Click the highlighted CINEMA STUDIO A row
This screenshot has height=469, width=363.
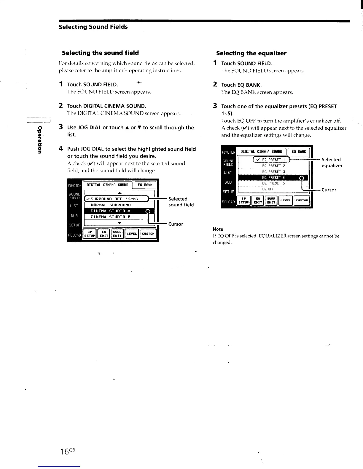(x=114, y=211)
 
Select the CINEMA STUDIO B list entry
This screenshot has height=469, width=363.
(x=111, y=217)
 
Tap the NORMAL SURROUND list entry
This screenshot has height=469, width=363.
(x=111, y=205)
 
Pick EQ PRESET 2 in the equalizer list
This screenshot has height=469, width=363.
(x=273, y=166)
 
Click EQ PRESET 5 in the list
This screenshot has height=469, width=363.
(x=273, y=183)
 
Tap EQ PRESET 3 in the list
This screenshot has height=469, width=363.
(x=273, y=172)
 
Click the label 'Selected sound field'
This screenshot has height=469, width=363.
(x=181, y=202)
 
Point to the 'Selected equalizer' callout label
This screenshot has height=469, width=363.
(x=332, y=163)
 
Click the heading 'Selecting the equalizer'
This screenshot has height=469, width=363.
(x=251, y=53)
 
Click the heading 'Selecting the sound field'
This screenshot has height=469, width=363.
(x=100, y=53)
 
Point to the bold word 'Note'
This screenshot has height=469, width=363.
(x=218, y=229)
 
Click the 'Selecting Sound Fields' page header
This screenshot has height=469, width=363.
(x=93, y=27)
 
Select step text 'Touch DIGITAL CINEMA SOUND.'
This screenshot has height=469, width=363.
(x=107, y=106)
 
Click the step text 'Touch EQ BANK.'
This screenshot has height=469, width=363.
(x=241, y=85)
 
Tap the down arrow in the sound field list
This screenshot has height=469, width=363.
(x=120, y=223)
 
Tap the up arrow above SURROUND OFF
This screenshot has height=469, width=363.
(x=120, y=193)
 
